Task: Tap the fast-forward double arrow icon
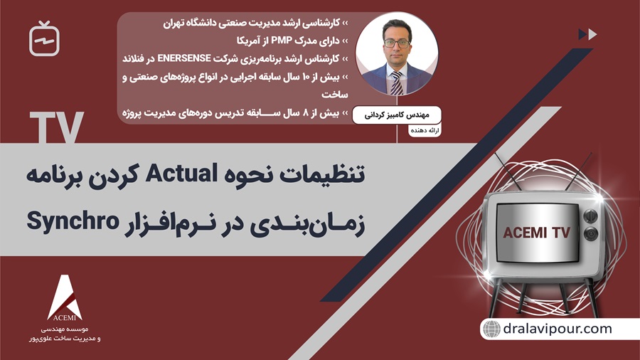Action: (587, 33)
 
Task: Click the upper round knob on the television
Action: (590, 214)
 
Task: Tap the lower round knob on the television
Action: (590, 233)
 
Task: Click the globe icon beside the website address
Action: (491, 329)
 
